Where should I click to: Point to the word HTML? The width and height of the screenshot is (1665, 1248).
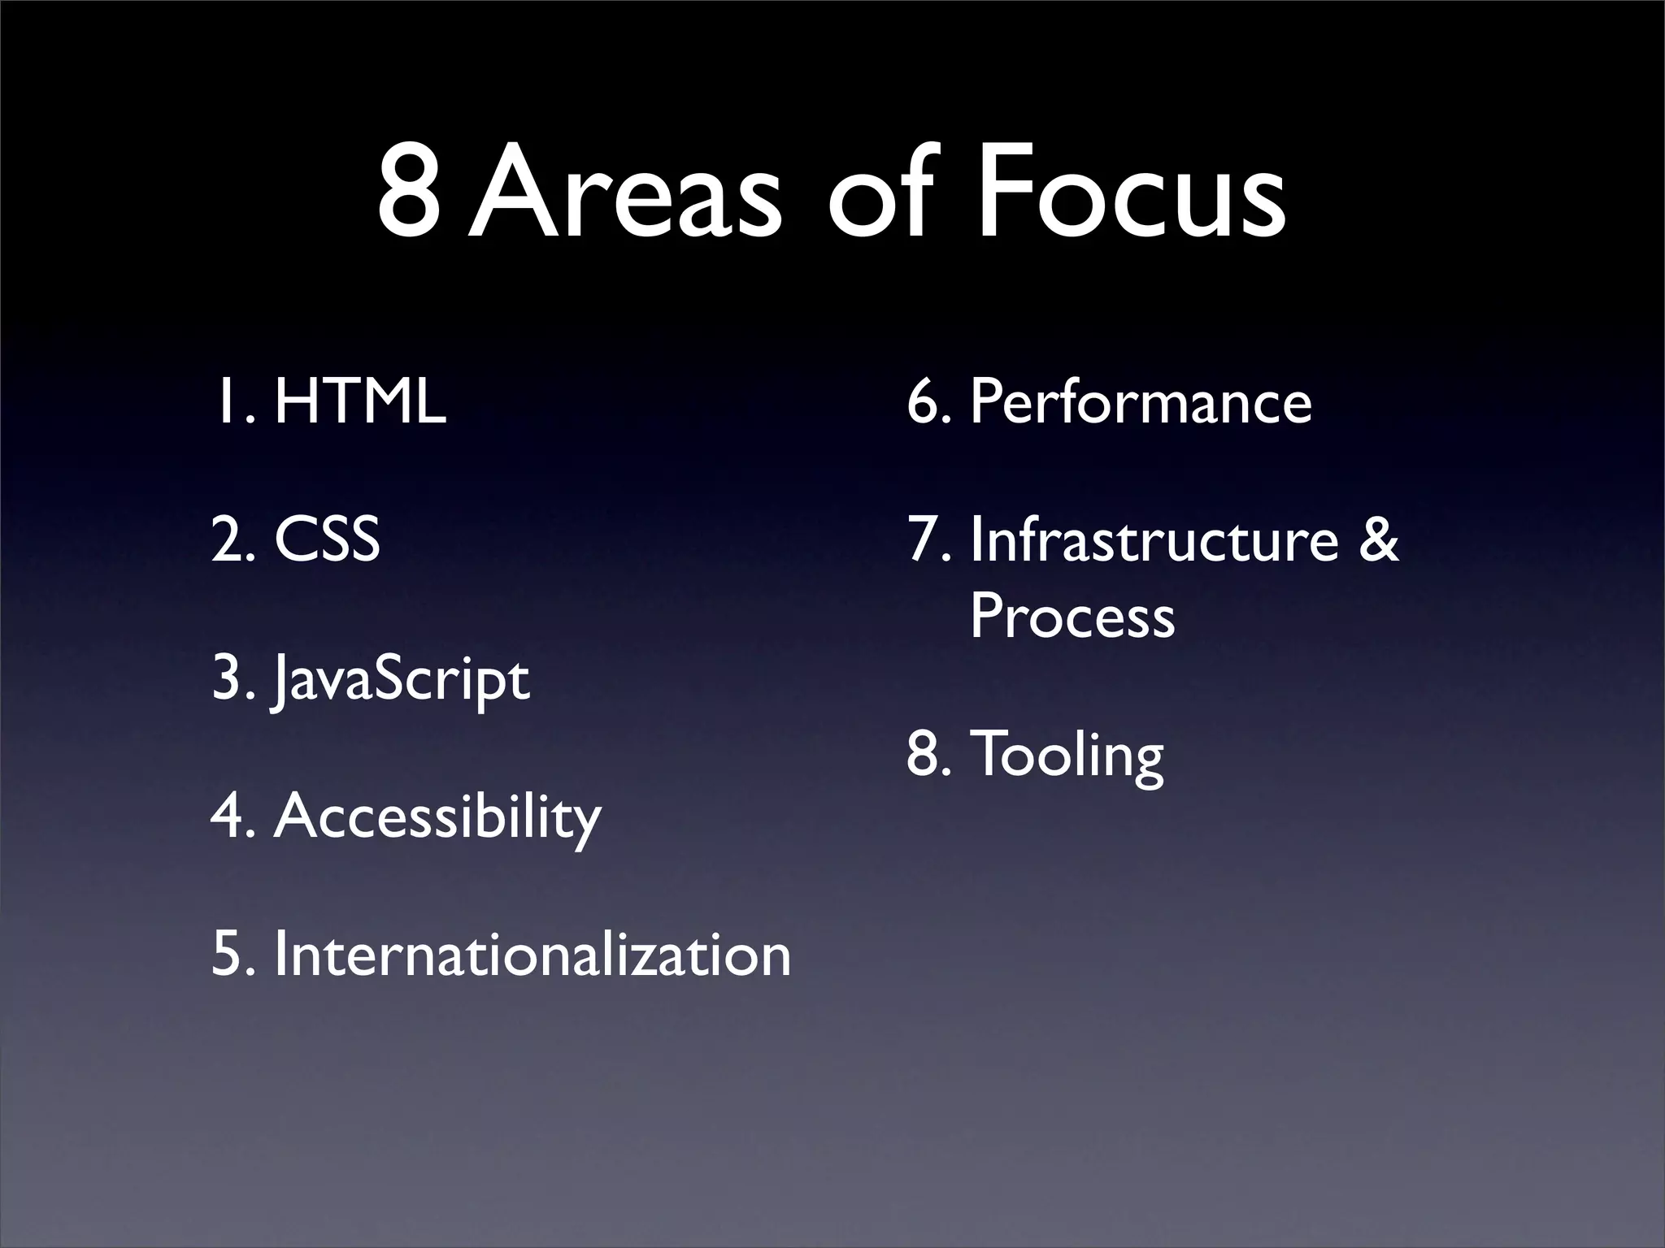point(360,401)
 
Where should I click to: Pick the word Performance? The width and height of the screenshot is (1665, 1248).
point(1141,401)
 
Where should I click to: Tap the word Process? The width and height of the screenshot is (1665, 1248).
point(1072,615)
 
